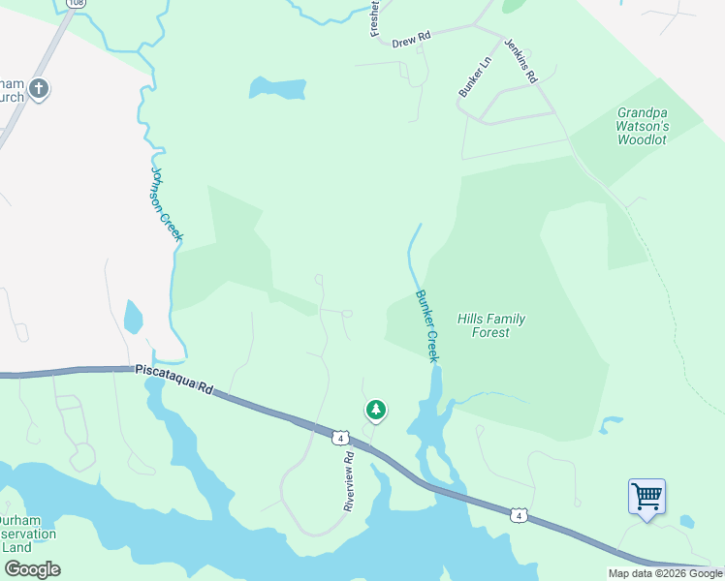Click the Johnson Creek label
pyautogui.click(x=167, y=203)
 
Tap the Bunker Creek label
pyautogui.click(x=427, y=326)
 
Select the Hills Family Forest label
pyautogui.click(x=490, y=325)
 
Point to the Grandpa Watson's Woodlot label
pyautogui.click(x=643, y=126)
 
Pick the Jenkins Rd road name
pyautogui.click(x=520, y=62)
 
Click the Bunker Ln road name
pyautogui.click(x=475, y=76)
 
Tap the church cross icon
pyautogui.click(x=38, y=90)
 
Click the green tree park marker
pyautogui.click(x=375, y=411)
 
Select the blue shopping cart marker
pyautogui.click(x=646, y=497)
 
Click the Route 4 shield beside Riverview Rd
pyautogui.click(x=339, y=439)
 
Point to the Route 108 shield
pyautogui.click(x=74, y=4)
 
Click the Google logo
pyautogui.click(x=32, y=569)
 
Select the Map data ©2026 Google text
pyautogui.click(x=665, y=573)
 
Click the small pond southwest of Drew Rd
pyautogui.click(x=278, y=88)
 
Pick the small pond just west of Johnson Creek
pyautogui.click(x=133, y=317)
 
